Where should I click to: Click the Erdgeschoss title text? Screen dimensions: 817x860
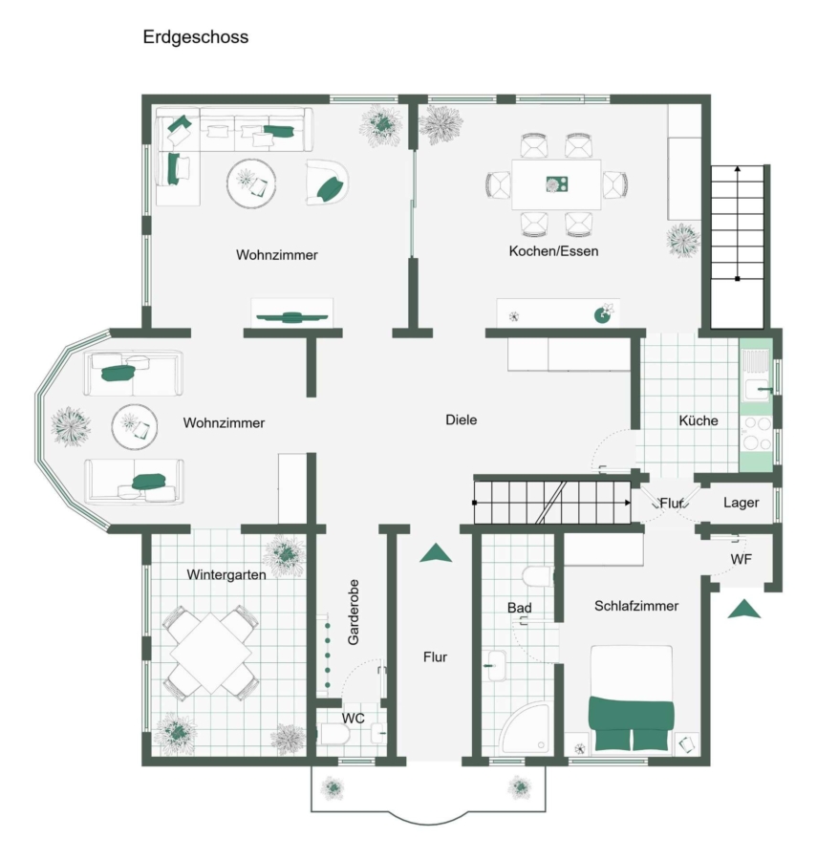point(196,37)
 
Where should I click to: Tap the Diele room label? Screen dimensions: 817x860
point(462,419)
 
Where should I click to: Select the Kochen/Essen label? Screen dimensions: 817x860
point(553,251)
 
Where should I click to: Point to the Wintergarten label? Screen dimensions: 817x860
point(226,575)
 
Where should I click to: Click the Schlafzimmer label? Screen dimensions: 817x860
point(636,606)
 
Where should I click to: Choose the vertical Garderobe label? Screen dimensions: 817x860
point(354,613)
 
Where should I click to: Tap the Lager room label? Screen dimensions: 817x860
point(741,503)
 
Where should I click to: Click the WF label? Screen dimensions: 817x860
point(741,559)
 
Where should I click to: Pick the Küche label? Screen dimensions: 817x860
point(698,420)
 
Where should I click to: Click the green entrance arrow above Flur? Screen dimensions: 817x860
point(436,553)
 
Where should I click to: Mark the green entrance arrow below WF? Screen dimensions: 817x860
point(744,610)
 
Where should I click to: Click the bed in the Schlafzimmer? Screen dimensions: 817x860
point(631,699)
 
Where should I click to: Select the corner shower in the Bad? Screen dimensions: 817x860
point(525,729)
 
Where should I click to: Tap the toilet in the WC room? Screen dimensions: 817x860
point(333,734)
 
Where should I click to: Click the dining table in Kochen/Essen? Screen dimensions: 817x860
point(556,184)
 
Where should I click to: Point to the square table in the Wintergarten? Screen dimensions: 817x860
point(211,654)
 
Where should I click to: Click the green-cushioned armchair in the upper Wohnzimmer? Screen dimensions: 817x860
point(327,183)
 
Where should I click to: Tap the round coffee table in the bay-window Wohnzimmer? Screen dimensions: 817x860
point(135,427)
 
